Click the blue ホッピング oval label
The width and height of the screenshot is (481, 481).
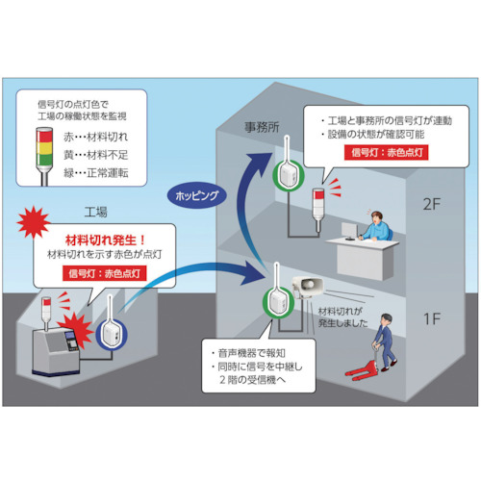[197, 195]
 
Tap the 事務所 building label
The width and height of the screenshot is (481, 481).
[262, 127]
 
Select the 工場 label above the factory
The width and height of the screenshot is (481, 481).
[95, 212]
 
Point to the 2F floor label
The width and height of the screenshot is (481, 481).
[432, 204]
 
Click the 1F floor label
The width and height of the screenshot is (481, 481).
[432, 318]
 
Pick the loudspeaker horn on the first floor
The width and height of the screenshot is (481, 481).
[308, 286]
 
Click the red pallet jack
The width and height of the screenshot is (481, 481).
[362, 368]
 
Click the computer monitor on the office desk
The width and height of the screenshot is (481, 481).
[349, 231]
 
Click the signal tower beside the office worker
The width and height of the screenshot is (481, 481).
[317, 209]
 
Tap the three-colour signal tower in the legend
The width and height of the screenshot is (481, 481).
[44, 156]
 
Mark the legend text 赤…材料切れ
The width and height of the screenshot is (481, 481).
[95, 137]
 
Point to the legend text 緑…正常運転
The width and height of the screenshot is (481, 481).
[95, 173]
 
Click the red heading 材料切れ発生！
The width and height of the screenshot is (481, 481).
[105, 240]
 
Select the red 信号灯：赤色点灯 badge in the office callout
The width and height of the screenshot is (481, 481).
[387, 153]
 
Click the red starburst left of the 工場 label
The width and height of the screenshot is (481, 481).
[34, 222]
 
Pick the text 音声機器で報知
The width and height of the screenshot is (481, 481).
[251, 353]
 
